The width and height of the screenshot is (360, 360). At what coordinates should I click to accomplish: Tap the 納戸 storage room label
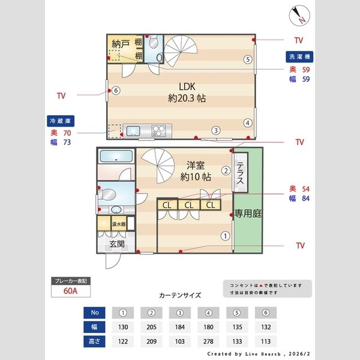pyautogui.click(x=121, y=44)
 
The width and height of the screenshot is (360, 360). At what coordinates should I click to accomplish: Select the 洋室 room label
pyautogui.click(x=196, y=165)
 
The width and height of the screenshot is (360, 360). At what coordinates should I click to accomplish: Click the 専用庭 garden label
pyautogui.click(x=247, y=213)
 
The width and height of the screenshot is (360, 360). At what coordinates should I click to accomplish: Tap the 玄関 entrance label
pyautogui.click(x=116, y=244)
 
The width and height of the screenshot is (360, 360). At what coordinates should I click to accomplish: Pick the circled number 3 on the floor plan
pyautogui.click(x=215, y=130)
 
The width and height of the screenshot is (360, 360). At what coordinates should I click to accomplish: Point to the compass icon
pyautogui.click(x=298, y=14)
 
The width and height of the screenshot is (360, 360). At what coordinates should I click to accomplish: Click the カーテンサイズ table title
pyautogui.click(x=180, y=295)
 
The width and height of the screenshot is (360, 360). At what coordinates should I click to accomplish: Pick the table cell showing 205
pyautogui.click(x=152, y=327)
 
